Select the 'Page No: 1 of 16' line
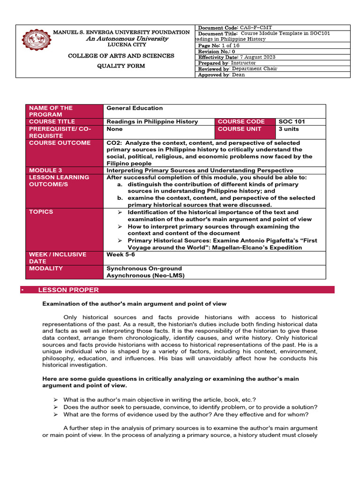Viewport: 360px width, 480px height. click(219, 45)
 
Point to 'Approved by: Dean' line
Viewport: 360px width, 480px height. click(221, 75)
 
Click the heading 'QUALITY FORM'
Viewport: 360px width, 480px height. click(121, 66)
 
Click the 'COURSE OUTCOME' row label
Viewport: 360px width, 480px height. click(60, 143)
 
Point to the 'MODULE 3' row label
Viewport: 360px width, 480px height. click(45, 171)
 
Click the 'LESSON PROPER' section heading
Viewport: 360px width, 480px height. click(68, 290)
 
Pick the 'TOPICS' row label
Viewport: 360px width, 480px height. click(41, 212)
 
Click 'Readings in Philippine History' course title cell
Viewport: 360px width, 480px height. click(152, 122)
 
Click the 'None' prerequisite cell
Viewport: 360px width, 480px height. click(114, 129)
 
